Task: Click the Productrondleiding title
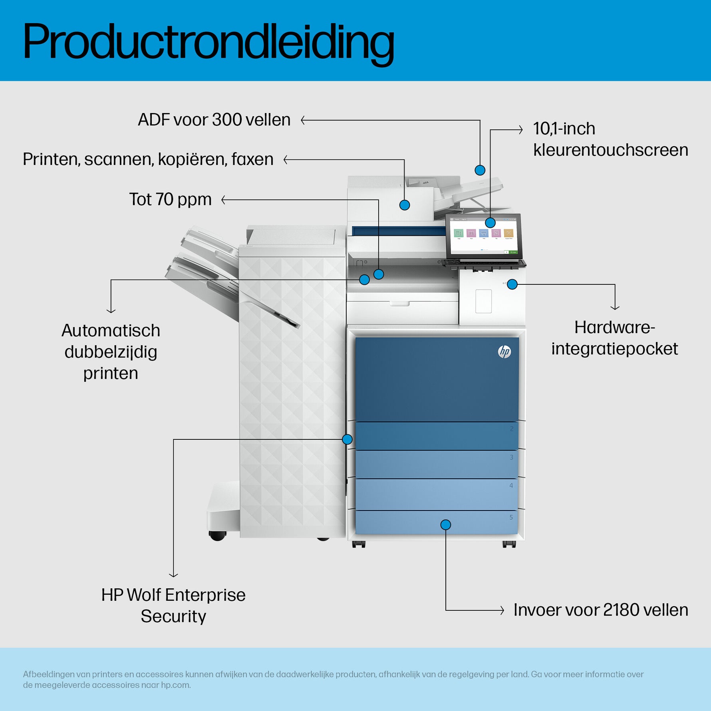click(x=209, y=42)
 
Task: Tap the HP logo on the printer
click(x=504, y=352)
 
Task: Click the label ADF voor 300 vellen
click(x=214, y=120)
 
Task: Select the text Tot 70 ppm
click(x=170, y=199)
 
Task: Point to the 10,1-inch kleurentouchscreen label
click(x=610, y=139)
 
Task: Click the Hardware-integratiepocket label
click(x=614, y=338)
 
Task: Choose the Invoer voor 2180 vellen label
click(x=601, y=610)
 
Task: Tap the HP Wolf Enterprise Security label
click(x=173, y=605)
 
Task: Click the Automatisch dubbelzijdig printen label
click(x=111, y=352)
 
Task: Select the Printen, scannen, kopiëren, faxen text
click(x=148, y=159)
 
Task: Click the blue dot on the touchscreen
click(x=491, y=222)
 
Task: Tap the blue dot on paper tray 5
click(x=446, y=524)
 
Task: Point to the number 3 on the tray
click(x=511, y=457)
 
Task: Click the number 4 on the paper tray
click(x=511, y=486)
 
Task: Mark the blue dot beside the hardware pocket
click(x=512, y=284)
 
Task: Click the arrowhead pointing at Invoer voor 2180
click(x=502, y=610)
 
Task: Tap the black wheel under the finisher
click(x=217, y=536)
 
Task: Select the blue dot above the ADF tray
click(x=480, y=170)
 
